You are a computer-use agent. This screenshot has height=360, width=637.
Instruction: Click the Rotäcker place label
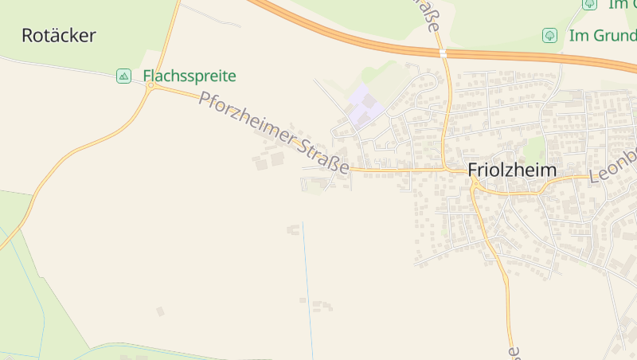pos(59,36)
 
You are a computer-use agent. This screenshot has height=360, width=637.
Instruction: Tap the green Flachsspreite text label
pos(190,76)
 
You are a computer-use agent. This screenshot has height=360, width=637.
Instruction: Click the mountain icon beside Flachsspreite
pos(123,76)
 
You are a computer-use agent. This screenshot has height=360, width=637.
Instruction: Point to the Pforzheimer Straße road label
pos(275,133)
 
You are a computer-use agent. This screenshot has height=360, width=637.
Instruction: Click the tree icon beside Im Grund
pos(549,36)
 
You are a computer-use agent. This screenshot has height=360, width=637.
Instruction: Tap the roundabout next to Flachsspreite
pos(150,85)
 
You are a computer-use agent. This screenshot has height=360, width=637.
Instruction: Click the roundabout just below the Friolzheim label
pos(475,185)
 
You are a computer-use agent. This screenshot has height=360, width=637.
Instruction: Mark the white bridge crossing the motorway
pos(443,53)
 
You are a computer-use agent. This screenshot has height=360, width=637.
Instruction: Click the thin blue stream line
pos(307,287)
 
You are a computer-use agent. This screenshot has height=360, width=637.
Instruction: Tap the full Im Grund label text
pos(602,36)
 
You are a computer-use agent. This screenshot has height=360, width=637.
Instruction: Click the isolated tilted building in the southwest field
pos(160,311)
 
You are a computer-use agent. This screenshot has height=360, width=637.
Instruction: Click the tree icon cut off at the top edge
pos(589,4)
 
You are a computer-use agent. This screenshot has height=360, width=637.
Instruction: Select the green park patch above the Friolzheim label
pos(534,147)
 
